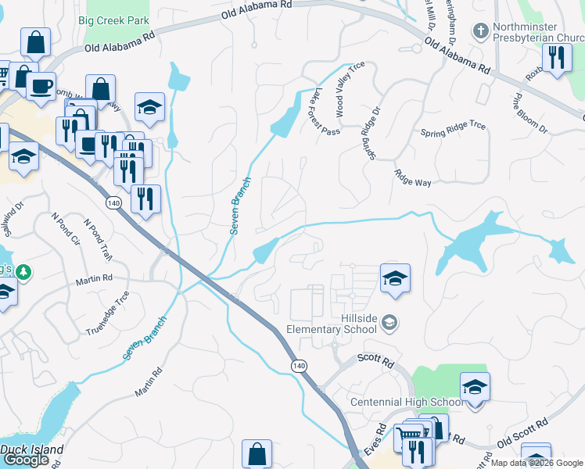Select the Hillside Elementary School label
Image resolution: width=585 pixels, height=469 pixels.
click(x=332, y=324)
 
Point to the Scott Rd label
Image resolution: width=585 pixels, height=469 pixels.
click(x=375, y=360)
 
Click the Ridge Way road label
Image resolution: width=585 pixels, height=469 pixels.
click(x=413, y=178)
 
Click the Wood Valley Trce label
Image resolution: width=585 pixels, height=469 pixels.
click(x=350, y=87)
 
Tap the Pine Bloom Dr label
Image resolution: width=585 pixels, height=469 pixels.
click(x=529, y=113)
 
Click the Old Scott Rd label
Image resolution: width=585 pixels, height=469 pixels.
click(x=520, y=438)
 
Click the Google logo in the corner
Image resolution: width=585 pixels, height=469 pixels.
click(x=26, y=459)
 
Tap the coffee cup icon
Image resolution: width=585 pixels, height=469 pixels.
click(x=41, y=85)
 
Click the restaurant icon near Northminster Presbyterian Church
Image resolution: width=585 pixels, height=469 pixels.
click(x=557, y=57)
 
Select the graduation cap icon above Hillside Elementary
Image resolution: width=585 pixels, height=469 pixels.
click(x=395, y=277)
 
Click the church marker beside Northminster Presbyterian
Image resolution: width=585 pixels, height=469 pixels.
click(x=480, y=32)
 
